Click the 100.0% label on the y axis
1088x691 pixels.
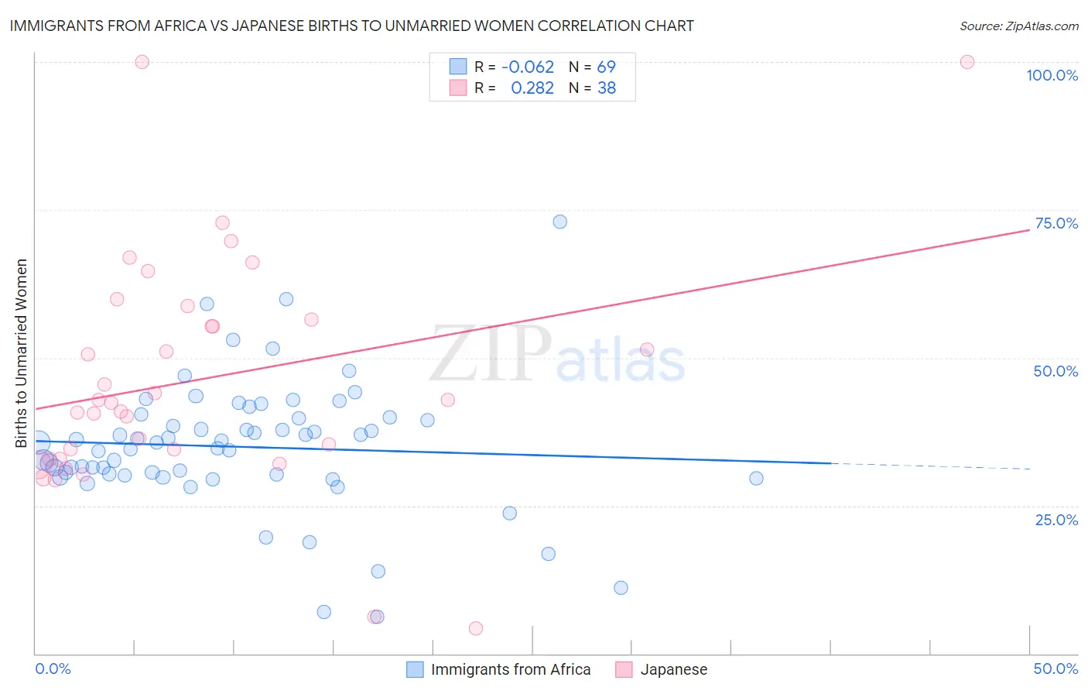1052,75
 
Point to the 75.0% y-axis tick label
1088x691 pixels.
1056,223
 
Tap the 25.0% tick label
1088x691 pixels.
1056,519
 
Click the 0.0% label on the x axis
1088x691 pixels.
53,669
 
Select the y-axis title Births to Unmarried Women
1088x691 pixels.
21,353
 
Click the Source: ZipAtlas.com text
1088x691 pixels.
1018,26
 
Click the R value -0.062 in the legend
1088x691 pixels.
528,67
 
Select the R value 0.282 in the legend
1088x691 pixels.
532,88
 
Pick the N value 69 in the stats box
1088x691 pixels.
607,67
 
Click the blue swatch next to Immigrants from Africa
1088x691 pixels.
415,669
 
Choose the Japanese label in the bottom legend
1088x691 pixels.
673,669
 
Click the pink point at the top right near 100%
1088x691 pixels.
967,62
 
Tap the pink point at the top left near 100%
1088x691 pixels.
142,62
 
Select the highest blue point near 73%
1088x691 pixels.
559,222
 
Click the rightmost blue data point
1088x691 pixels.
756,478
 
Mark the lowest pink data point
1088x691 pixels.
476,628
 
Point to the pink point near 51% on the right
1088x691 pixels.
647,349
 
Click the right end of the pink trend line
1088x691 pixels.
1028,230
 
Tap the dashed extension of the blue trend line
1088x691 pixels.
929,466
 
